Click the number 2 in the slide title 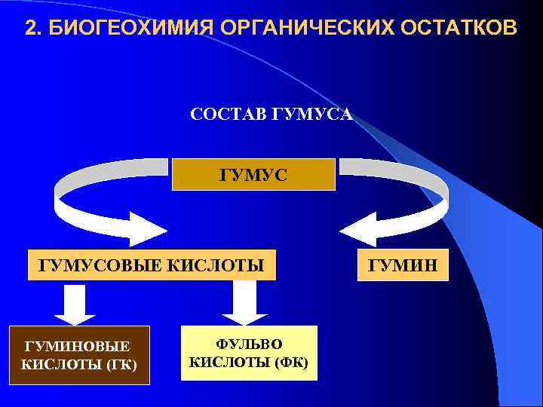(x=30, y=29)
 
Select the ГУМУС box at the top (x=253, y=174)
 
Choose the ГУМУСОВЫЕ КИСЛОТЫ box (x=152, y=265)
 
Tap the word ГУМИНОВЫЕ (x=77, y=346)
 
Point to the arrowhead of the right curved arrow (x=359, y=228)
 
